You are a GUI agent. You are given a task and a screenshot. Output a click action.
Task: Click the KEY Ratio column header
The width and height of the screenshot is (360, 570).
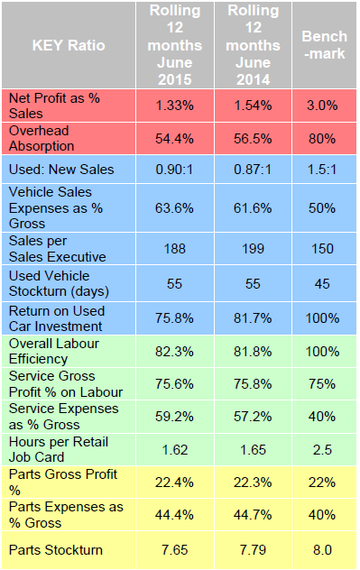pos(69,44)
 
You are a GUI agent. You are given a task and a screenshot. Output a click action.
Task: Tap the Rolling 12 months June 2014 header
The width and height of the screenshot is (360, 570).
pos(254,44)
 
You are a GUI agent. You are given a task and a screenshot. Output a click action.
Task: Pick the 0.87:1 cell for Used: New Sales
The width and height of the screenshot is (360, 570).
pos(254,170)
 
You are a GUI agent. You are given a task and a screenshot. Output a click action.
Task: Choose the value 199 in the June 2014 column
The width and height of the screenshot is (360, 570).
pos(254,247)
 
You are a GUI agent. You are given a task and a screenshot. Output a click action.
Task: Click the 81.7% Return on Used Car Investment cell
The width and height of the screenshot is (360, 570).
pos(254,317)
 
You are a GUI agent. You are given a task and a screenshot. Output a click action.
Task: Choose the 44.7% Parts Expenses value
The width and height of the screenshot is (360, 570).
pos(254,515)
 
